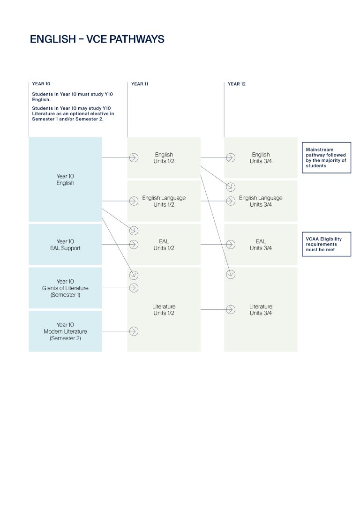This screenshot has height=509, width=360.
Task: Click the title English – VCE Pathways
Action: pyautogui.click(x=97, y=39)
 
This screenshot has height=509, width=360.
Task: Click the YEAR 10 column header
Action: pyautogui.click(x=41, y=84)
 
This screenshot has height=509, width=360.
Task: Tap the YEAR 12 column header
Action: pyautogui.click(x=237, y=84)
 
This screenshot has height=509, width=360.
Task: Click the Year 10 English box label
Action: pyautogui.click(x=65, y=180)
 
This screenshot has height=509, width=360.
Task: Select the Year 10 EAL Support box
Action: pyautogui.click(x=65, y=245)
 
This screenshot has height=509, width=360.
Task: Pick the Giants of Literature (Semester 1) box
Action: pyautogui.click(x=65, y=288)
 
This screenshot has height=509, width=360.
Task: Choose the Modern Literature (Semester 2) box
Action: pyautogui.click(x=65, y=331)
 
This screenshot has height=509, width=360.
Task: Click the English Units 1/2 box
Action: pyautogui.click(x=164, y=158)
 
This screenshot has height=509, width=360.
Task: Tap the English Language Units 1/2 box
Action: pyautogui.click(x=164, y=201)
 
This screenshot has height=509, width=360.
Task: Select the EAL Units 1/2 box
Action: pyautogui.click(x=164, y=245)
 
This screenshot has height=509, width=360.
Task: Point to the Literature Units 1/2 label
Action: pyautogui.click(x=164, y=310)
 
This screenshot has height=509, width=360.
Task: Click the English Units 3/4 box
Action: pyautogui.click(x=261, y=158)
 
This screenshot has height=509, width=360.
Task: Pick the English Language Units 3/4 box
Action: pyautogui.click(x=261, y=201)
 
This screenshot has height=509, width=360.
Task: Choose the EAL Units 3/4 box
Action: pyautogui.click(x=261, y=245)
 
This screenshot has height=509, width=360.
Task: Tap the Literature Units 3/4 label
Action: pyautogui.click(x=261, y=310)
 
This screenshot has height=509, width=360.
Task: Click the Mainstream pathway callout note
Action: pyautogui.click(x=326, y=158)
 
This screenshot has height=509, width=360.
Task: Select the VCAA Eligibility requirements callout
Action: pyautogui.click(x=326, y=245)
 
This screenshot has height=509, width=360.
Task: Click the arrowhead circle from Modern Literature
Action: pyautogui.click(x=134, y=331)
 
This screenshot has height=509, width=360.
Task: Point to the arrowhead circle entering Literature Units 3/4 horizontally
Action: pyautogui.click(x=230, y=310)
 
